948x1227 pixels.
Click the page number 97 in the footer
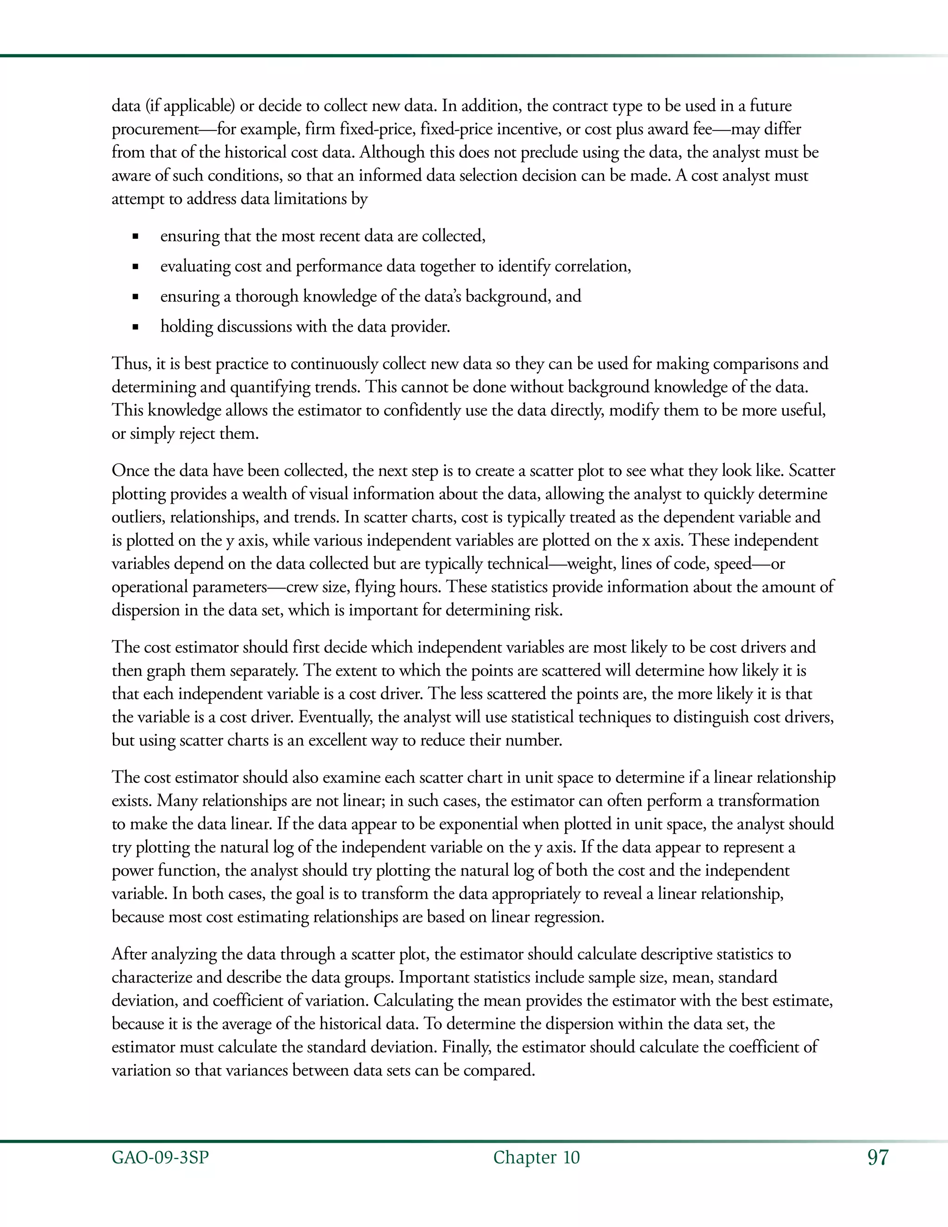coord(878,1158)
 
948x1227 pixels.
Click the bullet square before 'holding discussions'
coord(135,327)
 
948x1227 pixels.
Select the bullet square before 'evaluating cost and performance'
coord(135,267)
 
